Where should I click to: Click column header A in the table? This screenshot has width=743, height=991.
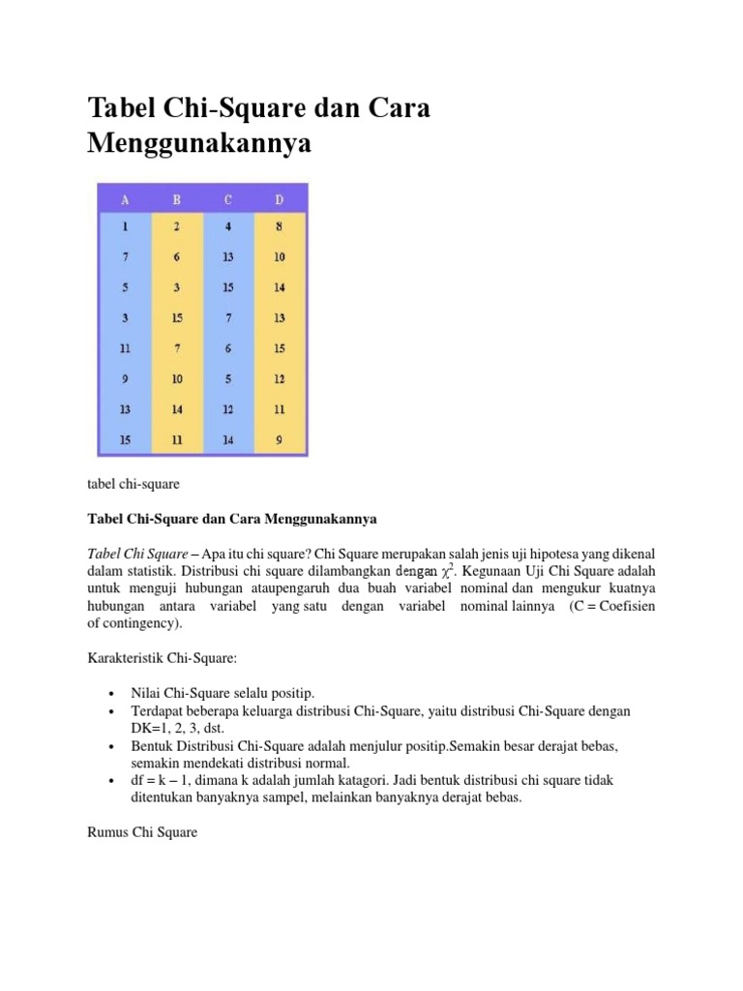point(125,200)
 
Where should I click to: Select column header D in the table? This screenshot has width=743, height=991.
point(280,200)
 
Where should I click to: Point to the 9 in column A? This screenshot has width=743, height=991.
point(125,379)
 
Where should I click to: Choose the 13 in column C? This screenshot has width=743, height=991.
point(227,259)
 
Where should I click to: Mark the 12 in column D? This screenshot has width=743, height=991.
point(280,379)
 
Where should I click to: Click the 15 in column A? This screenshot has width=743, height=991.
point(125,439)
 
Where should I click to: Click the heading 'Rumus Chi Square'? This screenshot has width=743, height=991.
point(142,831)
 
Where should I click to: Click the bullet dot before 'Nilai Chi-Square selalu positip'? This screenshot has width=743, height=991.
point(113,694)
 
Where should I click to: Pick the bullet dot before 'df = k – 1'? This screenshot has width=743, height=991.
point(113,780)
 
